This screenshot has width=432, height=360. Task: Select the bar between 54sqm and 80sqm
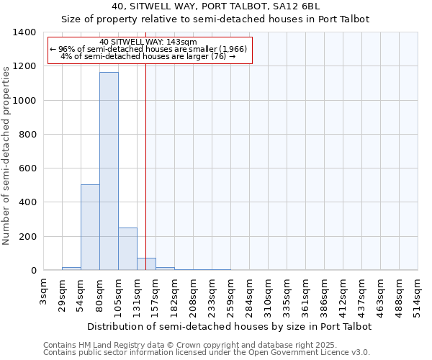pyautogui.click(x=90, y=228)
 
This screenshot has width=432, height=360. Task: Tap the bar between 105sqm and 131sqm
pyautogui.click(x=127, y=249)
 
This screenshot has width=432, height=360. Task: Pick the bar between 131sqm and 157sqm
pyautogui.click(x=146, y=264)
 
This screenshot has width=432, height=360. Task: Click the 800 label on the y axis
pyautogui.click(x=27, y=135)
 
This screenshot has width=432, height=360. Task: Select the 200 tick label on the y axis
pyautogui.click(x=27, y=237)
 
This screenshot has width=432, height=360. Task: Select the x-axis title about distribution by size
pyautogui.click(x=230, y=326)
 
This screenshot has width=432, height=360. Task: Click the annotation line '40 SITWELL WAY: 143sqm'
pyautogui.click(x=148, y=42)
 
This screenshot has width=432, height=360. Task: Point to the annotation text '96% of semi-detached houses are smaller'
pyautogui.click(x=148, y=49)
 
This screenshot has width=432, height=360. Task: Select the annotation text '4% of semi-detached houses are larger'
pyautogui.click(x=148, y=56)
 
